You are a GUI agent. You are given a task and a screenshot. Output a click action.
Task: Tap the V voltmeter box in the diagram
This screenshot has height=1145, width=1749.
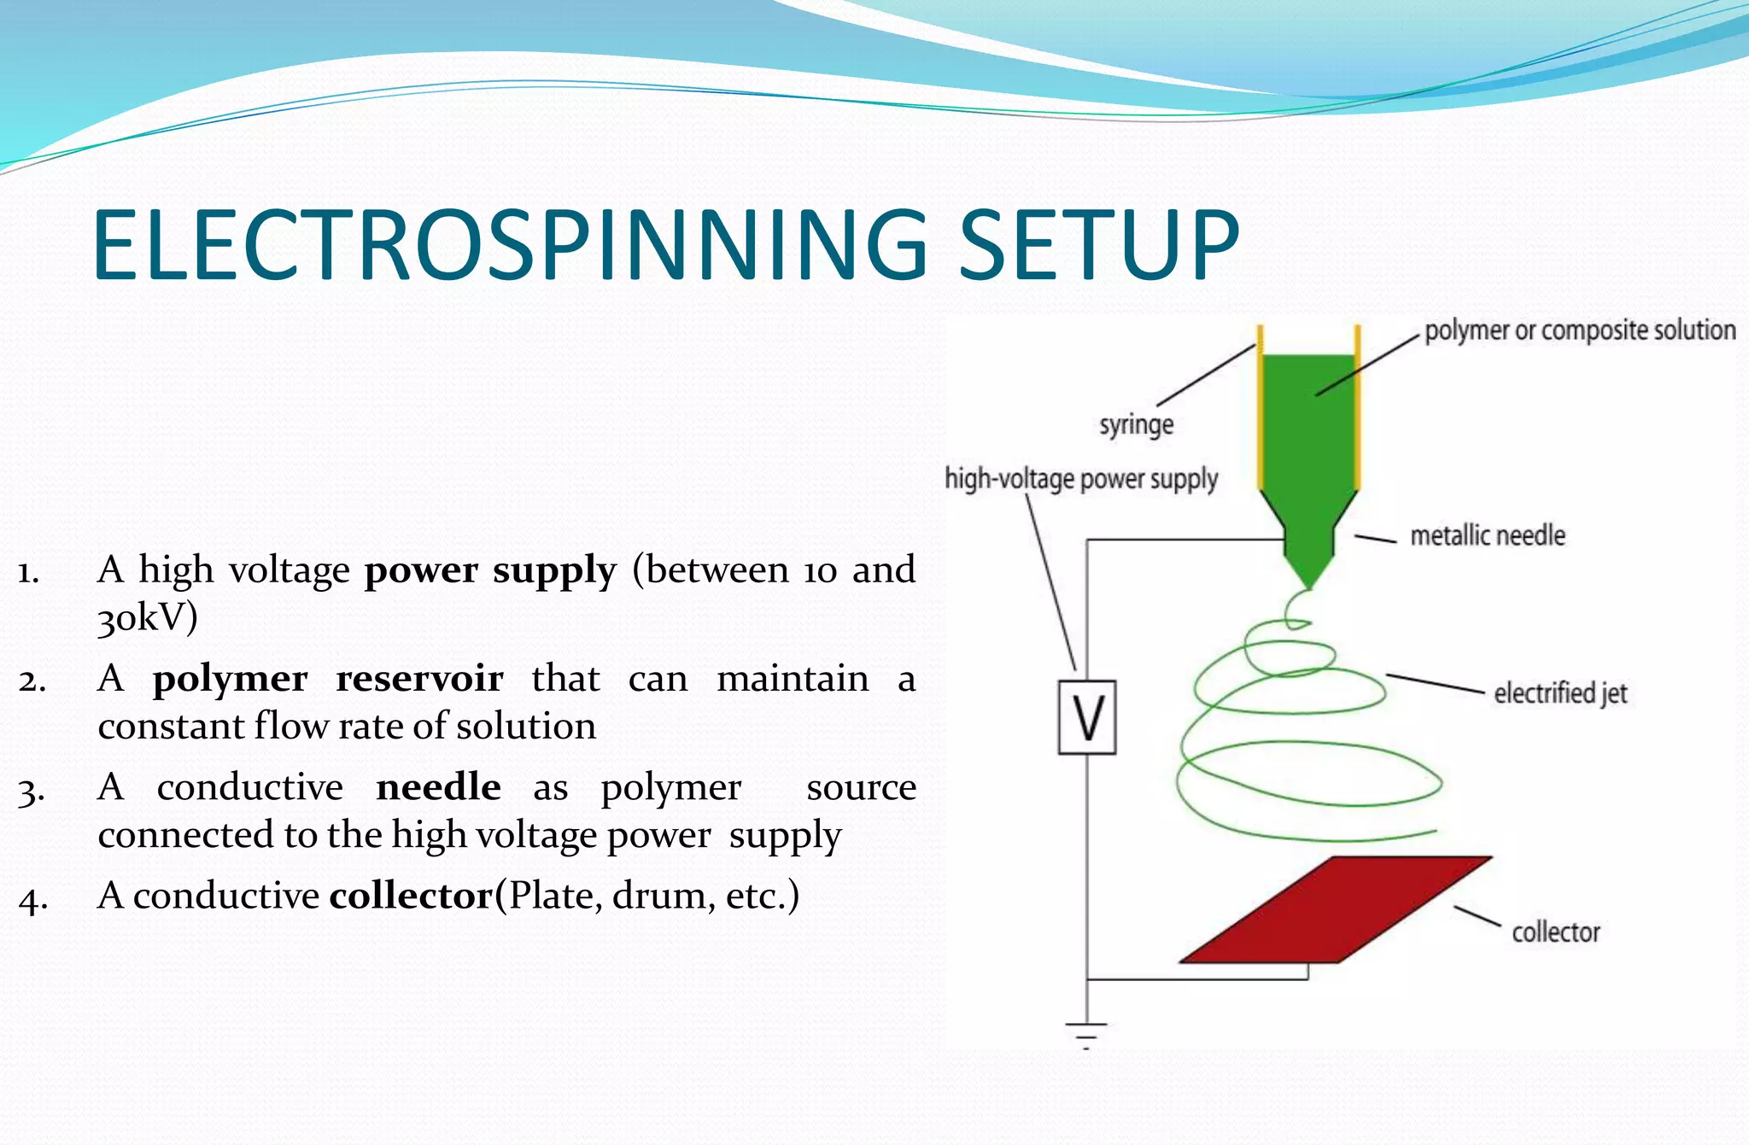pyautogui.click(x=1086, y=717)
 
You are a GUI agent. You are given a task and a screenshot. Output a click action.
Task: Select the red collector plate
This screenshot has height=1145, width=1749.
pyautogui.click(x=1334, y=910)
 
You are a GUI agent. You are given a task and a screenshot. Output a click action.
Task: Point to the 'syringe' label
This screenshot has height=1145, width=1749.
pyautogui.click(x=1136, y=424)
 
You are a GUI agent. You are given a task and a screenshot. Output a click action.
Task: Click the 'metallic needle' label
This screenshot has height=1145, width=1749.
pyautogui.click(x=1487, y=536)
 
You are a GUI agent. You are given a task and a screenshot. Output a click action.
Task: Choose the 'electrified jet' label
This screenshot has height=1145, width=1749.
pyautogui.click(x=1559, y=693)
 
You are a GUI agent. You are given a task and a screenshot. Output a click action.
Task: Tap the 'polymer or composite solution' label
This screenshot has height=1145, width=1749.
pyautogui.click(x=1579, y=330)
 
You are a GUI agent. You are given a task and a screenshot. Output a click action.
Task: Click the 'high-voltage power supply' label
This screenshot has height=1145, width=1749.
pyautogui.click(x=1080, y=479)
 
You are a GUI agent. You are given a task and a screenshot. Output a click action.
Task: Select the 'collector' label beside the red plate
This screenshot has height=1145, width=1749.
pyautogui.click(x=1555, y=932)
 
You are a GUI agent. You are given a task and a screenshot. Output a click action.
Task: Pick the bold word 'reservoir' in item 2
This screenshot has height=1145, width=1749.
pyautogui.click(x=418, y=679)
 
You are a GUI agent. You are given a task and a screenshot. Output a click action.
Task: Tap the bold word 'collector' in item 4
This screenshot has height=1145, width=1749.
pyautogui.click(x=411, y=896)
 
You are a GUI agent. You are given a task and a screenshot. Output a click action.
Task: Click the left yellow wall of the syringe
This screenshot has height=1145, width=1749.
pyautogui.click(x=1260, y=410)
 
